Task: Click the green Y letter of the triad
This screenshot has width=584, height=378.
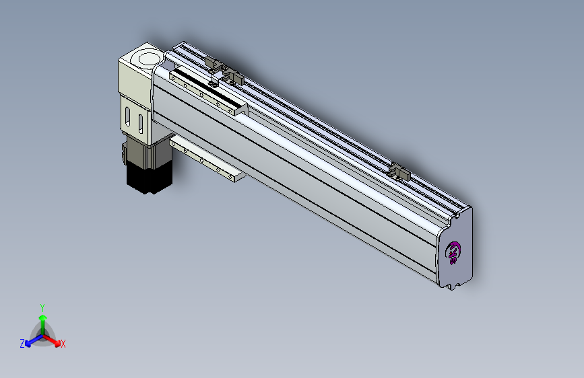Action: pos(42,307)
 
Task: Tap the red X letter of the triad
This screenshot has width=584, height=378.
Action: pos(63,344)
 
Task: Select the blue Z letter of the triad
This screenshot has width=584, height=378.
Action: pos(22,344)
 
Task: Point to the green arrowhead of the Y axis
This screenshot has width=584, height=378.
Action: pos(43,317)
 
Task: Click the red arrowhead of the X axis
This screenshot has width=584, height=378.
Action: pos(57,344)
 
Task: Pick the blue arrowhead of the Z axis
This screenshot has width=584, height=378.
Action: pos(28,344)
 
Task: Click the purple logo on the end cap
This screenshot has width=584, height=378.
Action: pos(453,253)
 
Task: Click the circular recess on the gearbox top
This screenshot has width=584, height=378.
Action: pos(149,59)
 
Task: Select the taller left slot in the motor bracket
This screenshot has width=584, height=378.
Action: pos(128,116)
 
